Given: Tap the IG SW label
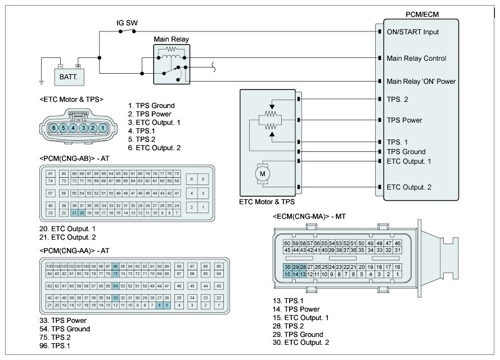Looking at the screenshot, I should [127, 23].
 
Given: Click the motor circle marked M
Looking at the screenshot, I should [262, 174].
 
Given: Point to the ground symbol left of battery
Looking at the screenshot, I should [42, 83].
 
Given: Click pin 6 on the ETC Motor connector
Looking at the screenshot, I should [54, 128].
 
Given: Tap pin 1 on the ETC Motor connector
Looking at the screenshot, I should [103, 128].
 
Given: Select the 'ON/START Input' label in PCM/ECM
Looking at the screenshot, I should [412, 32].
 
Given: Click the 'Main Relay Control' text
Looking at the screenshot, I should [416, 58].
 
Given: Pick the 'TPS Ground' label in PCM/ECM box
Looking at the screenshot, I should [406, 152].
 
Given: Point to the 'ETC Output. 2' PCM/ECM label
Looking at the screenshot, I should [409, 187].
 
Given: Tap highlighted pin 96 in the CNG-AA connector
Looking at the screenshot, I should [115, 266].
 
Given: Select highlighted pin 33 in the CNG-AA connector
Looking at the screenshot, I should [115, 298].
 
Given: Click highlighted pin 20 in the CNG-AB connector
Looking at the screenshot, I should [82, 213].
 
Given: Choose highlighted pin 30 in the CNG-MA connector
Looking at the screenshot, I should [287, 267].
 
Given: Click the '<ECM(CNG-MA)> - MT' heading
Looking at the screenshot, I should [310, 217].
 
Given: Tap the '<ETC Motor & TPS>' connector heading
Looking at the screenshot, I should [71, 100].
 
